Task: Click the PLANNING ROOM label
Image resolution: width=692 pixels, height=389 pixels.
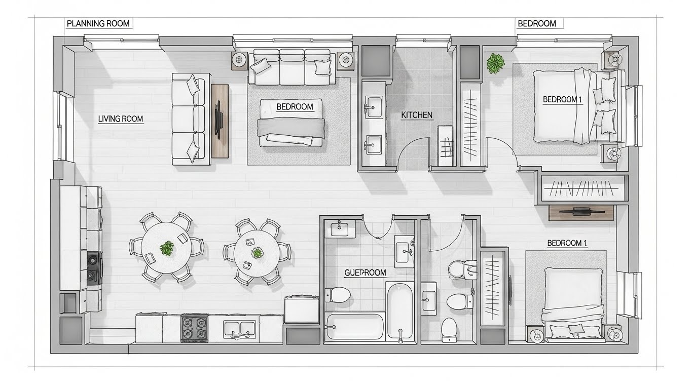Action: pyautogui.click(x=98, y=24)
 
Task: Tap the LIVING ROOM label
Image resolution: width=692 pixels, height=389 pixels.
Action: pyautogui.click(x=121, y=119)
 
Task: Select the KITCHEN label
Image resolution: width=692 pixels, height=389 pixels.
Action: pyautogui.click(x=416, y=115)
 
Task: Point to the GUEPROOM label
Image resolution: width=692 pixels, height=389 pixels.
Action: pyautogui.click(x=365, y=273)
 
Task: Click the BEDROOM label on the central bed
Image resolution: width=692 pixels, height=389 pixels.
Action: pyautogui.click(x=295, y=107)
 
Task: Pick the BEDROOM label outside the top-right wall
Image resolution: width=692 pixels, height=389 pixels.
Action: pyautogui.click(x=537, y=24)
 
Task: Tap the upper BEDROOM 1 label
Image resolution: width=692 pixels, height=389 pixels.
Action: pyautogui.click(x=562, y=99)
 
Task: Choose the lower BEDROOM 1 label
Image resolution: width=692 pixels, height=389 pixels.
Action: pyautogui.click(x=567, y=243)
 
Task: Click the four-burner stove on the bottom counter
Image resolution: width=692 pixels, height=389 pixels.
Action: pyautogui.click(x=195, y=328)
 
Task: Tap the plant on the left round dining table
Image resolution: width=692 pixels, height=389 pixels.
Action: pyautogui.click(x=167, y=248)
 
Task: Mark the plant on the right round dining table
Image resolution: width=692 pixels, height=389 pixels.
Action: pyautogui.click(x=257, y=253)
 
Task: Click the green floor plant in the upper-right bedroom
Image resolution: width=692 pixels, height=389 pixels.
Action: pyautogui.click(x=495, y=63)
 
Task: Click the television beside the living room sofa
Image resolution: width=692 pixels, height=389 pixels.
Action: pyautogui.click(x=220, y=121)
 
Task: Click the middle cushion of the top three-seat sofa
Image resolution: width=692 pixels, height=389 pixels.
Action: pyautogui.click(x=292, y=67)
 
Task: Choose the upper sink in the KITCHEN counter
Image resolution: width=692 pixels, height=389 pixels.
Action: pyautogui.click(x=374, y=107)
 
